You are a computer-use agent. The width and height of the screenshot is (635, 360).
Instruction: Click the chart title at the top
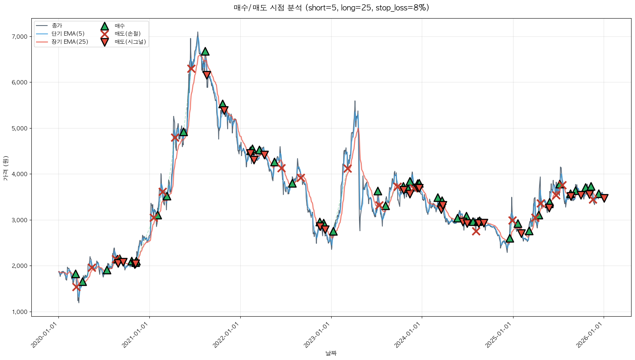[331, 8]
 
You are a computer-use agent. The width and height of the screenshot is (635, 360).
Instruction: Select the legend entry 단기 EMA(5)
[68, 34]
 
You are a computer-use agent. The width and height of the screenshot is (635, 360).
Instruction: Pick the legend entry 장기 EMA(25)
[70, 42]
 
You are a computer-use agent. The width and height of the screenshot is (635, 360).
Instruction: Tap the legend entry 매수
[120, 26]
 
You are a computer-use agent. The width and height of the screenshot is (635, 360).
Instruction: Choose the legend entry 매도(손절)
[127, 34]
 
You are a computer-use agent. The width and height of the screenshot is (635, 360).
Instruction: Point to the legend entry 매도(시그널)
[130, 42]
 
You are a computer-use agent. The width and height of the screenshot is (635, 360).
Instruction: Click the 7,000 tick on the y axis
[20, 37]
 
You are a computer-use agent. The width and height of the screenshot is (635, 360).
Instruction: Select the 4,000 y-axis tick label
[20, 174]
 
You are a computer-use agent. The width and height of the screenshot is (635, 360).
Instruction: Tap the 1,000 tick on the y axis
[20, 312]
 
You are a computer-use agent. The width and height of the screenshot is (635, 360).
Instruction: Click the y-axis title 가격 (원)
[5, 168]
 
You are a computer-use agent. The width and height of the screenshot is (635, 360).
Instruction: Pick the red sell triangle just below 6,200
[207, 75]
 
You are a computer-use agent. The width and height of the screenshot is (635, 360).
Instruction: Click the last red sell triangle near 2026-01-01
[604, 198]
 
